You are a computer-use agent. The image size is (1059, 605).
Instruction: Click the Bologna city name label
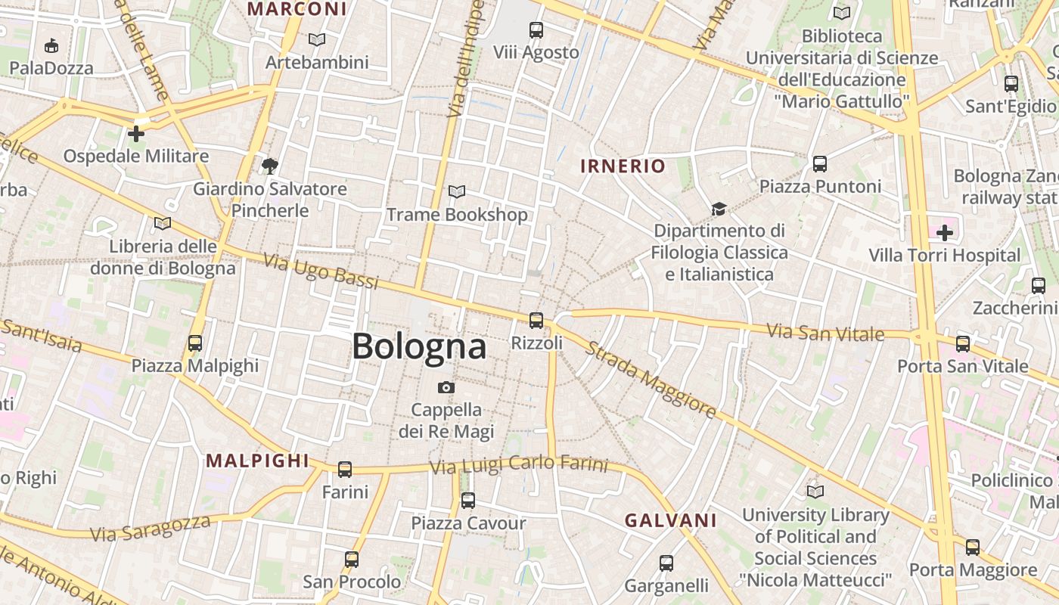point(419,347)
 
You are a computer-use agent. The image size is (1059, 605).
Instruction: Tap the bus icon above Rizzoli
point(536,321)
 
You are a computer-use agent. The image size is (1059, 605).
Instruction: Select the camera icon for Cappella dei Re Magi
point(446,388)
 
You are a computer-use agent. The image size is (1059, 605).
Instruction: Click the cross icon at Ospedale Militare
point(136,135)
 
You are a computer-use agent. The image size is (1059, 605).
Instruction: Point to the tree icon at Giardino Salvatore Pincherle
point(269,166)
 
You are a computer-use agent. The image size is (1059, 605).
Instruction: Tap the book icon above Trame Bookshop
point(457,192)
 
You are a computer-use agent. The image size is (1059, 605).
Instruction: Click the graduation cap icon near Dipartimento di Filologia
point(719,208)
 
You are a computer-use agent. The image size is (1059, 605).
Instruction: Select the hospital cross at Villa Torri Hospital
point(945,233)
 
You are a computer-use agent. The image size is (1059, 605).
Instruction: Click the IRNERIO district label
point(623,166)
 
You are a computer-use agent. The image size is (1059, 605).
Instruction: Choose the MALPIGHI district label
point(258,461)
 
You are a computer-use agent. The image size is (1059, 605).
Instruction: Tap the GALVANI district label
point(670,520)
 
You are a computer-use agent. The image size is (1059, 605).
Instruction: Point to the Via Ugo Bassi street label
point(321,271)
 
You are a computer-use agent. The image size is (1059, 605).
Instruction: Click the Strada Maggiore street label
point(651,380)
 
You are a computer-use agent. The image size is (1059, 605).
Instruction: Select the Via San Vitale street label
point(825,332)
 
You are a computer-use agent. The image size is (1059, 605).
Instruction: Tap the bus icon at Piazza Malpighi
point(195,343)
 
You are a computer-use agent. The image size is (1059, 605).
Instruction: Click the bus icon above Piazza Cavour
point(468,501)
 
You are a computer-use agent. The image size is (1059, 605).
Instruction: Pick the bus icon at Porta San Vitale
point(962,344)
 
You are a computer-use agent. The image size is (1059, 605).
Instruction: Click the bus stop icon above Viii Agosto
point(536,30)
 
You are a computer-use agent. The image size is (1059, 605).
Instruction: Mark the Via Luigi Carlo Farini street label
point(518,464)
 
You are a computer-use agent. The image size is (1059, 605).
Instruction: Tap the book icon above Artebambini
point(317,39)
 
